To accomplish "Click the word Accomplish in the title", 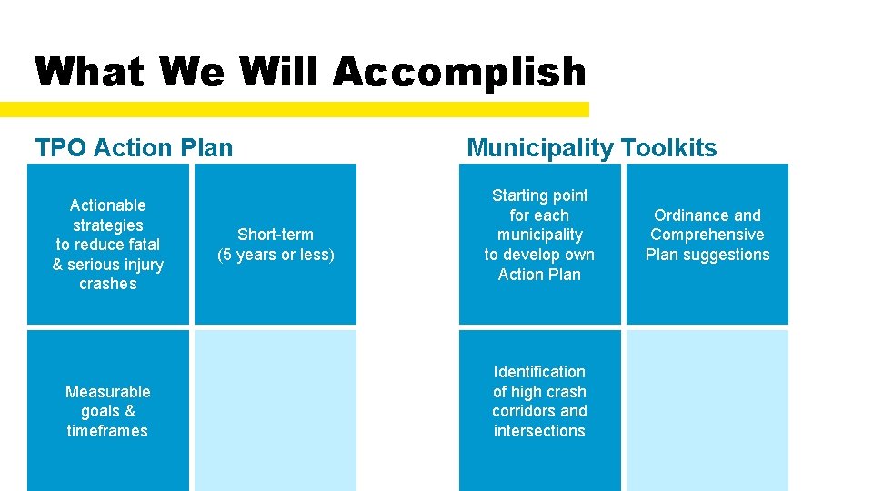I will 459,72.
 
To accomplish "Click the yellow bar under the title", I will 295,109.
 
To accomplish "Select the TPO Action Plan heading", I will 134,147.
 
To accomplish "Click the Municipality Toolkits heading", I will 591,147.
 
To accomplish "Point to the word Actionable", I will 107,205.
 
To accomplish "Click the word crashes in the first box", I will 107,284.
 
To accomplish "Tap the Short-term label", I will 276,235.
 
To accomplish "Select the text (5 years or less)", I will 276,255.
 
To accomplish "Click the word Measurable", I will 107,392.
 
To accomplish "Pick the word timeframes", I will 107,431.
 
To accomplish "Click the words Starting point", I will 539,195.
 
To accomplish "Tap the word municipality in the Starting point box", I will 539,235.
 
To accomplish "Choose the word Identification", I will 539,372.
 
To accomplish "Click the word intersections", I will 539,431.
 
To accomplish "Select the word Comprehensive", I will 707,235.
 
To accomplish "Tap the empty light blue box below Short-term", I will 276,409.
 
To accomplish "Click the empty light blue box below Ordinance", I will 707,409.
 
